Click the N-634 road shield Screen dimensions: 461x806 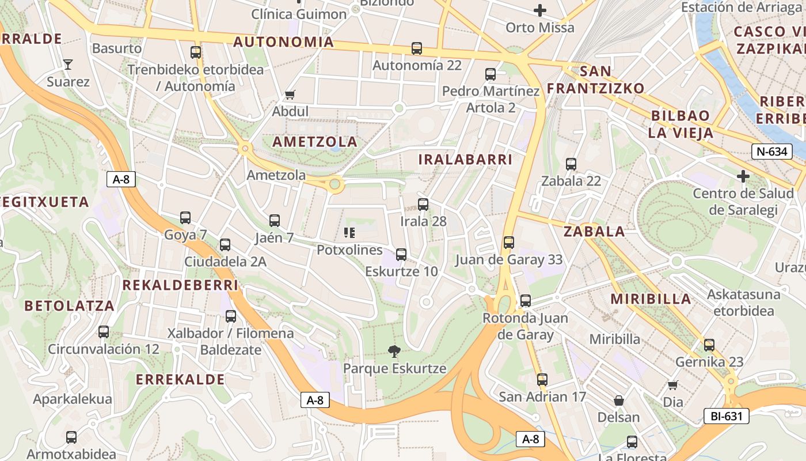(x=770, y=152)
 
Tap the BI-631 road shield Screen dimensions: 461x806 (x=726, y=416)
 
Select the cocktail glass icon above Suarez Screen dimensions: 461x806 (x=68, y=64)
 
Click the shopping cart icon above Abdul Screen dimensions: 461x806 (x=290, y=94)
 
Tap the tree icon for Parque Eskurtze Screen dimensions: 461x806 (x=394, y=350)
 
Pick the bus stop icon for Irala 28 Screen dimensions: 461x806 (x=423, y=204)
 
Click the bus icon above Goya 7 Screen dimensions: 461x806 (x=185, y=218)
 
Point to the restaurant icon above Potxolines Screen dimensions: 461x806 (x=349, y=232)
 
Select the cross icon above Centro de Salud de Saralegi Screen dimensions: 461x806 (x=743, y=175)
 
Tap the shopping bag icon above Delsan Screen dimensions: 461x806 (x=619, y=400)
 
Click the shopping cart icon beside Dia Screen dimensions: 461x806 (x=672, y=384)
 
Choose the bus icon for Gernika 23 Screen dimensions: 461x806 (x=709, y=345)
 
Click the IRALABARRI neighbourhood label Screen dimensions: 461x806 (x=465, y=160)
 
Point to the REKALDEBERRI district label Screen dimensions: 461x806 (x=180, y=285)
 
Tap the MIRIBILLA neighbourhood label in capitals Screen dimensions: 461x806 (x=651, y=299)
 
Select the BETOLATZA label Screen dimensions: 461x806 (x=70, y=306)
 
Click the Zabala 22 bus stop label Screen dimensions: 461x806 (x=571, y=181)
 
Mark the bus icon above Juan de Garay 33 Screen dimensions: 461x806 (x=508, y=243)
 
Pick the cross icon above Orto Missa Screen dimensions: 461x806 (x=540, y=10)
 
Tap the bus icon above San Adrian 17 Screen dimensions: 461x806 (x=542, y=380)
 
